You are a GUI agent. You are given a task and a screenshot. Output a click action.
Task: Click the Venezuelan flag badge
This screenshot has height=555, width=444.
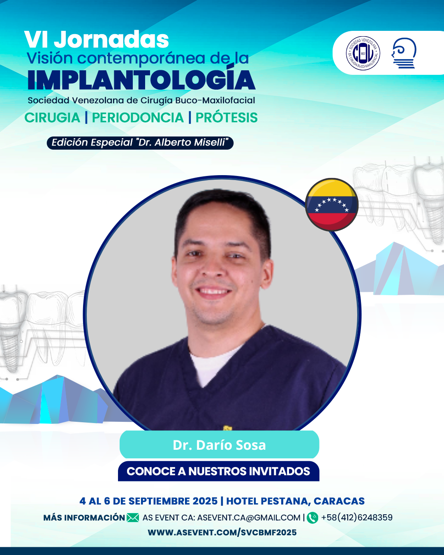tap(331, 204)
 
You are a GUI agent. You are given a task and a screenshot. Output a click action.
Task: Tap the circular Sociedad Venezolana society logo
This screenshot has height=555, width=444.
tap(363, 53)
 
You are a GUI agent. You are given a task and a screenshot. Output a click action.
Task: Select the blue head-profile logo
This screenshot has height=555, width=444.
tap(404, 53)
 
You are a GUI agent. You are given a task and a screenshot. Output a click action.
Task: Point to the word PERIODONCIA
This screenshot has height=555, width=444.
tap(138, 118)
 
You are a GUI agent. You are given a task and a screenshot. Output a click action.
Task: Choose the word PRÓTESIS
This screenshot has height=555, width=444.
tap(227, 118)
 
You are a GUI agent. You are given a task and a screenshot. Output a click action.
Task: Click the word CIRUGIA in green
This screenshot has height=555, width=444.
tap(52, 118)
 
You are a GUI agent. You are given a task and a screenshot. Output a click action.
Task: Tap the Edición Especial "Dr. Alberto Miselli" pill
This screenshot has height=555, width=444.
tap(140, 143)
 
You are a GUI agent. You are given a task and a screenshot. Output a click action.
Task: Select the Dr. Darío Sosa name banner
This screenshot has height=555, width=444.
tap(219, 445)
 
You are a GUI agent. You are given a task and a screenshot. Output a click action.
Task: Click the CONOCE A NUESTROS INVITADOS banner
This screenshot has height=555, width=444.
tap(219, 471)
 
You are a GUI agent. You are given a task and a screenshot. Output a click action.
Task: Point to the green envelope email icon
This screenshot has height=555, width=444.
tap(133, 518)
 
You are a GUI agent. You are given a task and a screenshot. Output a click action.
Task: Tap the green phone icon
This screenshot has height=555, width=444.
tap(312, 518)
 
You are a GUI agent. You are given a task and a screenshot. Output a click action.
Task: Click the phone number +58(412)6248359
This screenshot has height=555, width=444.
tap(357, 518)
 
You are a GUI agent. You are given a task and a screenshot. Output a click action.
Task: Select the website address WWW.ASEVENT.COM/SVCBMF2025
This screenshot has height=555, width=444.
tap(222, 532)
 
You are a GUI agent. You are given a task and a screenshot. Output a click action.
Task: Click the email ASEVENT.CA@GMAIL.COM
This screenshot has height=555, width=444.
tap(249, 518)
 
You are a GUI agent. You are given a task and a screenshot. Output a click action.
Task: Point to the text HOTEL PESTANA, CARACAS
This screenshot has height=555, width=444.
tap(296, 501)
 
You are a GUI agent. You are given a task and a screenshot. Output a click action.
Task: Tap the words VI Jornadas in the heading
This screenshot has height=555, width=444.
tap(97, 39)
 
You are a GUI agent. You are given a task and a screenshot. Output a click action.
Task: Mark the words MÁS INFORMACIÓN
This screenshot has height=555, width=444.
tap(84, 518)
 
